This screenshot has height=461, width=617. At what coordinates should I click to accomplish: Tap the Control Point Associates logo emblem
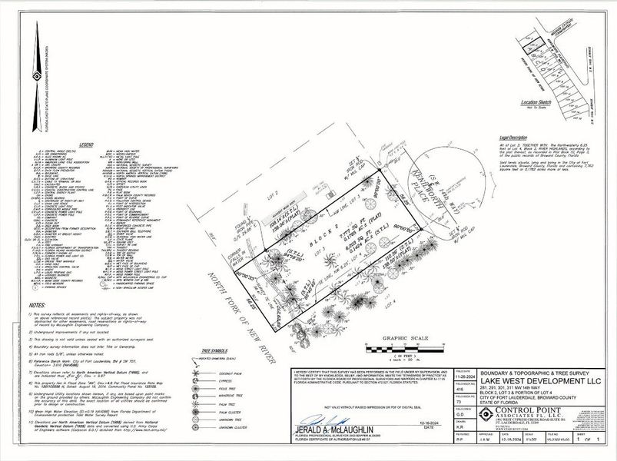click(x=486, y=416)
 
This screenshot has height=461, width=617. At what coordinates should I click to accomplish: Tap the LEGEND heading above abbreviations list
click(x=85, y=144)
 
